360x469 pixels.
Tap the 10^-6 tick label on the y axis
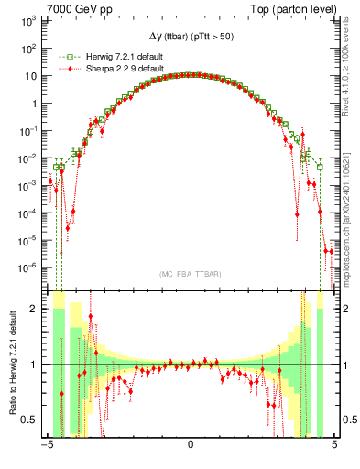(x=28, y=268)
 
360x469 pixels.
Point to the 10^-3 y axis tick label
(x=28, y=186)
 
